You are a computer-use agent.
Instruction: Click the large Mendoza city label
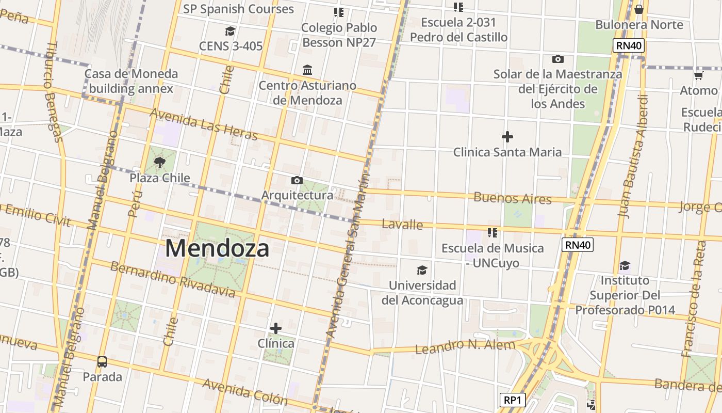pos(217,248)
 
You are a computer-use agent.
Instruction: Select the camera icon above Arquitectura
pos(297,180)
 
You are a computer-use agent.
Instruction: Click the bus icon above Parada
pos(102,362)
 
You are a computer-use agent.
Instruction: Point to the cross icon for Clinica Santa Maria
pos(507,137)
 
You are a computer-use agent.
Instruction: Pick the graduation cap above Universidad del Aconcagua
pos(422,270)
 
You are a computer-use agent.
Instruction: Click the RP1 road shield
pos(513,400)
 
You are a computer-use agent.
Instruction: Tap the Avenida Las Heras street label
pos(203,124)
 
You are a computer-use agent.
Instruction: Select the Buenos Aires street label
pos(512,198)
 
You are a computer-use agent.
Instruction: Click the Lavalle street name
pos(402,225)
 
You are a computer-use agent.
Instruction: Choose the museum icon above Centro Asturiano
pos(307,70)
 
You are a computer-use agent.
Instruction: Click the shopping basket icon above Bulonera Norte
pos(639,9)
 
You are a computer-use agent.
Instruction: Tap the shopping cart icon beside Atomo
pos(698,75)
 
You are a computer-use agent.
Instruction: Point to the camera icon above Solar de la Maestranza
pos(557,59)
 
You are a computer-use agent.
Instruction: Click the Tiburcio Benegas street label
pos(53,92)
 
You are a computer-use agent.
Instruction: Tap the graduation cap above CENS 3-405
pos(230,31)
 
